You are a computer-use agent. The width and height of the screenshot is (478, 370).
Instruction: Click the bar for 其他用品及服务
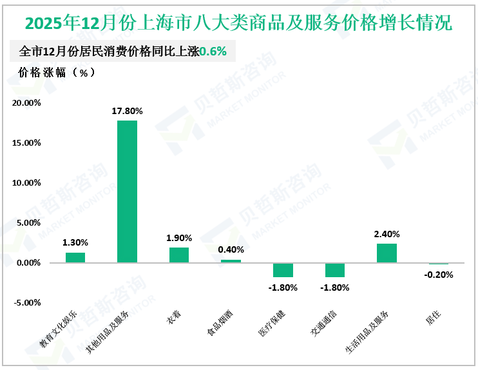pos(127,191)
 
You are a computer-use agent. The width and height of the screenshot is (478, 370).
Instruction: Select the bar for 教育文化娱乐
pos(75,257)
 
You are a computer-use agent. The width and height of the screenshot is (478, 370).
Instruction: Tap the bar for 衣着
pos(179,255)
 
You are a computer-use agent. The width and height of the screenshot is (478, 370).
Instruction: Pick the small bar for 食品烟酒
pos(231,261)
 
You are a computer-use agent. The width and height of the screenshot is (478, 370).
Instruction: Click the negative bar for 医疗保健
pos(282,269)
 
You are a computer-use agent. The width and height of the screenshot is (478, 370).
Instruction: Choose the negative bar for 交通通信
pos(334,269)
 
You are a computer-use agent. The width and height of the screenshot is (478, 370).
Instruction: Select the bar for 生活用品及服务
pos(387,253)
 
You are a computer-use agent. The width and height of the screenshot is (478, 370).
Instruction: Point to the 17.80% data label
pos(127,111)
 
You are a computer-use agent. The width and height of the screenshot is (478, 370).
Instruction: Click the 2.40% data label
pos(387,234)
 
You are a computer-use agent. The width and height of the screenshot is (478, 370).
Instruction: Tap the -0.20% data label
pos(439,275)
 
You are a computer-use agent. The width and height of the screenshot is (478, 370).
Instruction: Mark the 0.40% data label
pos(231,249)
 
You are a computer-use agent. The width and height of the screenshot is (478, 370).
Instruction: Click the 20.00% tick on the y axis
pos(26,102)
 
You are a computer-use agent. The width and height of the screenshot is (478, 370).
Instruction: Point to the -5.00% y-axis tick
pos(28,302)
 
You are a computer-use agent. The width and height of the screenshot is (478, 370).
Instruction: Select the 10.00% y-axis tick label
pos(26,182)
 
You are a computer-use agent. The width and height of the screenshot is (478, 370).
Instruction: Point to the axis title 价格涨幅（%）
pos(57,72)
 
